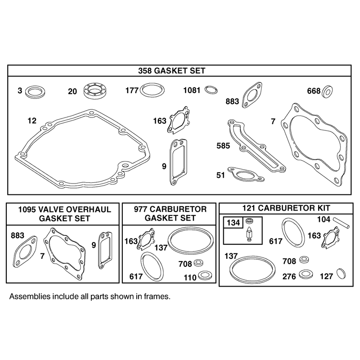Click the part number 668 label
pos(314,91)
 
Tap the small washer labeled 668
pos(328,91)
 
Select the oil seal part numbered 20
pos(94,91)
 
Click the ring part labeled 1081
pos(211,90)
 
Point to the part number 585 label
pos(223,145)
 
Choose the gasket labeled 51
pos(245,174)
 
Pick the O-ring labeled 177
pos(152,90)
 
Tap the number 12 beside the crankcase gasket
pos(32,121)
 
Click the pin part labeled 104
pos(342,222)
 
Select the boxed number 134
pos(233,223)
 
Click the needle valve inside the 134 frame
pos(249,234)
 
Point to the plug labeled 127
pos(341,274)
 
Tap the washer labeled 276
pos(305,274)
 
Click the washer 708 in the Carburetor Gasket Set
pos(198,263)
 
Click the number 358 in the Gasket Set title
pos(145,71)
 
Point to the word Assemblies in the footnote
pos(30,297)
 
